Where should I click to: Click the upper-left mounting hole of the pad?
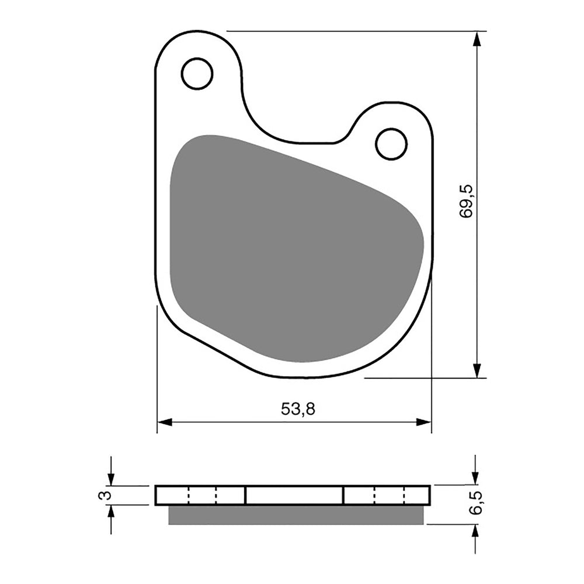click(x=197, y=74)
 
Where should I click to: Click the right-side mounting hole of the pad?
click(x=391, y=144)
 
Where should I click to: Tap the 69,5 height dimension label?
click(x=467, y=201)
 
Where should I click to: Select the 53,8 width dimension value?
click(x=298, y=409)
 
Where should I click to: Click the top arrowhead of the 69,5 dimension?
click(x=477, y=39)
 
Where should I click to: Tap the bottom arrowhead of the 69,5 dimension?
click(x=477, y=370)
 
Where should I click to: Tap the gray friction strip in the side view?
click(x=296, y=515)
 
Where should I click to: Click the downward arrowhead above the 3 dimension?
click(x=111, y=478)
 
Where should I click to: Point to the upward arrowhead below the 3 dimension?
click(x=111, y=512)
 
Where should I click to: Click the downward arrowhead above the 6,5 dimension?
click(x=475, y=478)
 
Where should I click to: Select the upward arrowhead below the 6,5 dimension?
click(x=475, y=531)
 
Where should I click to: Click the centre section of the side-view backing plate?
click(x=294, y=495)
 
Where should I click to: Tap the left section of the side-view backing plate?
click(x=200, y=495)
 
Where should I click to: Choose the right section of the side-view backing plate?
click(x=387, y=495)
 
